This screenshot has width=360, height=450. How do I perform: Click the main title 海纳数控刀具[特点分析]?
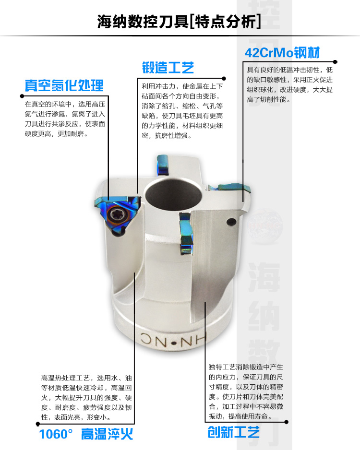tap(179, 22)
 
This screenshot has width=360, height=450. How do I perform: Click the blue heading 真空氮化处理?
tap(64, 85)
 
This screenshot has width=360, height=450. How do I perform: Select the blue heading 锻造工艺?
tap(168, 68)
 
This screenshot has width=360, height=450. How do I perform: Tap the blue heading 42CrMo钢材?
tap(282, 52)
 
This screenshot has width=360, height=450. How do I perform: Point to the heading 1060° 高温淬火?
tap(86, 434)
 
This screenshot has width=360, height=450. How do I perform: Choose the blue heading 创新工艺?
tap(234, 432)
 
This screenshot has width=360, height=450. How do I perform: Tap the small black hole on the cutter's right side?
tap(231, 222)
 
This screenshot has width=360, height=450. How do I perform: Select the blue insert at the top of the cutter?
tap(162, 165)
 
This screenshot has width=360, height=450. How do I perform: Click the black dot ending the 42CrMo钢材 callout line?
tap(335, 62)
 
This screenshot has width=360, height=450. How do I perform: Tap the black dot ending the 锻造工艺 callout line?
tap(224, 79)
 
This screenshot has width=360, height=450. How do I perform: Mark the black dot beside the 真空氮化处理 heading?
tap(22, 96)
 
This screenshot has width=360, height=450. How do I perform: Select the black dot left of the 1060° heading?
tap(38, 424)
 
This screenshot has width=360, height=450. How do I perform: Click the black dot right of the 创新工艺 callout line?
tap(286, 422)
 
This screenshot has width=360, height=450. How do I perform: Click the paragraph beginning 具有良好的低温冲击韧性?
tap(289, 84)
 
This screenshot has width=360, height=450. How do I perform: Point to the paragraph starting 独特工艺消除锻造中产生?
tap(246, 392)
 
